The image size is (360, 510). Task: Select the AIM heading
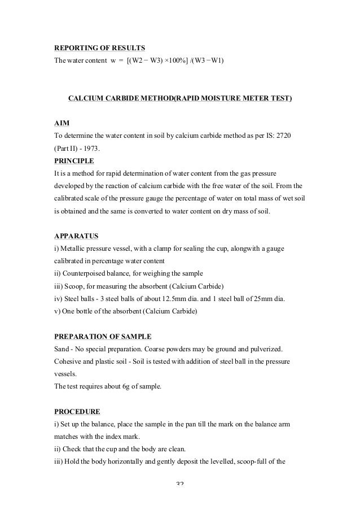(x=62, y=122)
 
